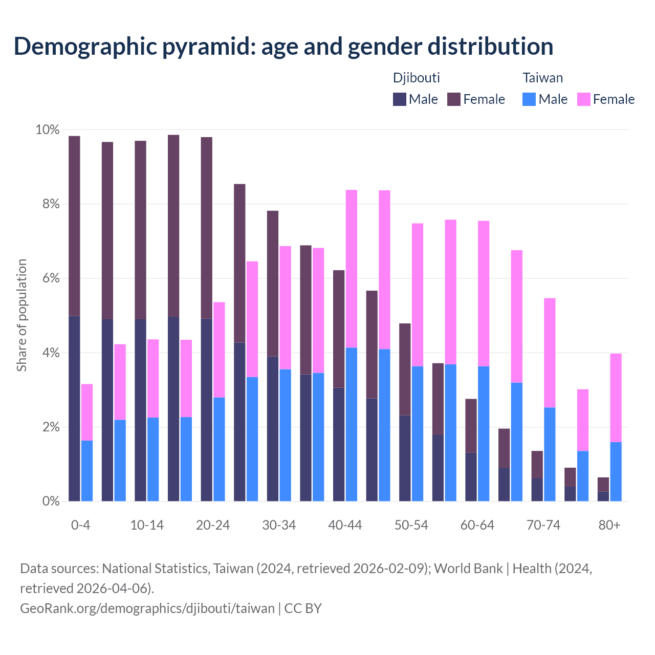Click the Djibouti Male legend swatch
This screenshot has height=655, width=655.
click(x=400, y=99)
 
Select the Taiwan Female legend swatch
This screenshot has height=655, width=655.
click(x=583, y=99)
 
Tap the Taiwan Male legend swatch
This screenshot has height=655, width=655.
click(x=529, y=99)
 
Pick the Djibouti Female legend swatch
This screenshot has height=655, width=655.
click(x=454, y=99)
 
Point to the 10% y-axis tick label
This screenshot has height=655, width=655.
click(x=47, y=130)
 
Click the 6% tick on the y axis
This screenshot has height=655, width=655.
click(x=50, y=278)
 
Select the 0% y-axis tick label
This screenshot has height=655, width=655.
click(x=50, y=501)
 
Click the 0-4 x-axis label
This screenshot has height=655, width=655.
click(x=81, y=526)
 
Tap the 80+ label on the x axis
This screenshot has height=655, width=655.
click(x=609, y=526)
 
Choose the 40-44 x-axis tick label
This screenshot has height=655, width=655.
click(x=345, y=526)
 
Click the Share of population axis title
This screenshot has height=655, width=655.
click(x=21, y=315)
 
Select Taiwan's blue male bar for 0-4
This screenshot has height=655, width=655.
click(x=87, y=471)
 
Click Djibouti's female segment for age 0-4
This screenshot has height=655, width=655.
click(x=74, y=226)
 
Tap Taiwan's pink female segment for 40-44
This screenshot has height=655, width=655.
click(x=352, y=269)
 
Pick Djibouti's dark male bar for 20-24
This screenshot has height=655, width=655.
click(x=206, y=409)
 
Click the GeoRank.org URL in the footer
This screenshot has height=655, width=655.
click(x=147, y=608)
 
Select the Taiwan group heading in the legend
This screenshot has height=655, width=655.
click(x=542, y=78)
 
